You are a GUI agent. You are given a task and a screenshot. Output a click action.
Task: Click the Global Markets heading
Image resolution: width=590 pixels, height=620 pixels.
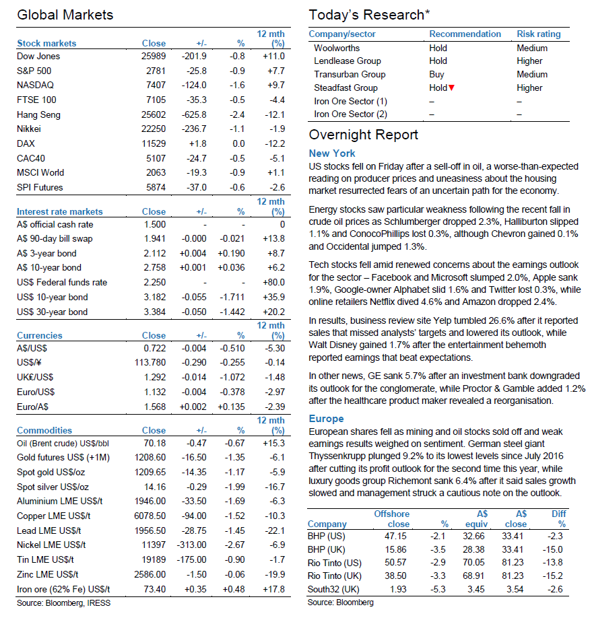click(65, 15)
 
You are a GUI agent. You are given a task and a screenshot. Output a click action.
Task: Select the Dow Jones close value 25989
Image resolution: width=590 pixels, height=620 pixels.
click(154, 56)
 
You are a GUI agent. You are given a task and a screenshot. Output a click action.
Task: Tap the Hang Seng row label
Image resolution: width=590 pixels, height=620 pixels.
click(39, 115)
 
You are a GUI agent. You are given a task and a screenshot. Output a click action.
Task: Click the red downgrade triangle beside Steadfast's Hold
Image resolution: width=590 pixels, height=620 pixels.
click(451, 88)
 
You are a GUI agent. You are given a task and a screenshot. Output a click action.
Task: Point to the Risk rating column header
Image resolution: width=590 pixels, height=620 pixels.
click(539, 34)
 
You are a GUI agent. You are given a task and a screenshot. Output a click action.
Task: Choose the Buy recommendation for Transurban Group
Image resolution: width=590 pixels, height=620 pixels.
click(436, 74)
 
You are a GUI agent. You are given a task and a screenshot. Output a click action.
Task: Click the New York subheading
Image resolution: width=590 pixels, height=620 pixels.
click(332, 153)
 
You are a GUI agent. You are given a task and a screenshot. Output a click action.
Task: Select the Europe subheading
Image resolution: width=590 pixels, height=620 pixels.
click(327, 419)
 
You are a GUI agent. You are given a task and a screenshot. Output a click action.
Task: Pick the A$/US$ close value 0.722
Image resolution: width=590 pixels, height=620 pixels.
click(155, 348)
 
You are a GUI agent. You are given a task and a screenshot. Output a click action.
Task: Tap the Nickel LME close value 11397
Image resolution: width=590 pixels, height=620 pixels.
click(154, 545)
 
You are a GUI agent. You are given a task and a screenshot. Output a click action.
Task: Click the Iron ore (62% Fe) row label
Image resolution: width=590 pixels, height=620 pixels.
click(63, 590)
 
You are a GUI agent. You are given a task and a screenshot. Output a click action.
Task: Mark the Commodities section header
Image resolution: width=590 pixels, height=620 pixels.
click(44, 431)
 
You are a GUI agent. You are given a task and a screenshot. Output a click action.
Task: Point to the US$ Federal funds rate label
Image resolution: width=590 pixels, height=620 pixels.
click(62, 282)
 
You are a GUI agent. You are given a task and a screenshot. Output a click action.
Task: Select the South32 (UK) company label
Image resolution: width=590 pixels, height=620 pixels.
click(333, 590)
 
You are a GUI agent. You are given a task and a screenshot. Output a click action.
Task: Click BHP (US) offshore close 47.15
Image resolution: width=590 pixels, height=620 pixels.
click(396, 536)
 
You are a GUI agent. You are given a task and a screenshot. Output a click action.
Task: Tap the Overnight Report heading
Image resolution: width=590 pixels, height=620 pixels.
click(363, 135)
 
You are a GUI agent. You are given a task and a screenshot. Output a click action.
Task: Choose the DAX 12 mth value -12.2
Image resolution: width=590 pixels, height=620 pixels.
click(275, 143)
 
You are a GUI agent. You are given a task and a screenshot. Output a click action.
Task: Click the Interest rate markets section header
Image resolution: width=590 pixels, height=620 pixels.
click(60, 212)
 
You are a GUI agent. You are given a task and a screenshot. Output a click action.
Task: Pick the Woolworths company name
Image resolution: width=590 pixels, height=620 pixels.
click(337, 48)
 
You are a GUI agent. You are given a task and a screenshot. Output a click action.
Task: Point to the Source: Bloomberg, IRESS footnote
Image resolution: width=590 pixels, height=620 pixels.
click(64, 603)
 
